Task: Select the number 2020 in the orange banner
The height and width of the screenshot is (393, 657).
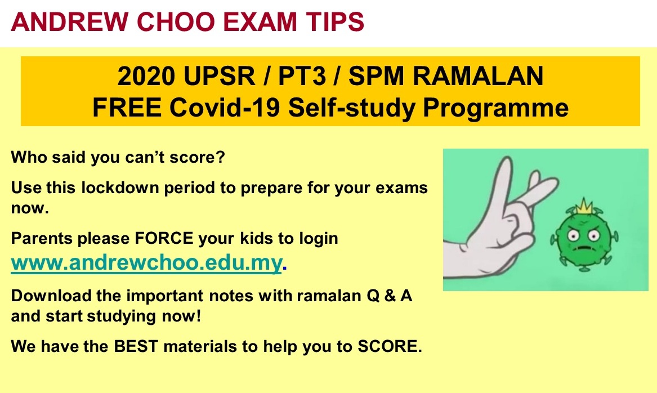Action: (146, 76)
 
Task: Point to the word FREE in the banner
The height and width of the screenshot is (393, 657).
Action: (127, 107)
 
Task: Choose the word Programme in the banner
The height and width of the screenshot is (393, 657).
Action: (495, 108)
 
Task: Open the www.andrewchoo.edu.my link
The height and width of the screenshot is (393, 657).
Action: (146, 263)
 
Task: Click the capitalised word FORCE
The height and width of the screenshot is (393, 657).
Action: (164, 238)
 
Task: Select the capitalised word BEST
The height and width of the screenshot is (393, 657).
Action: (136, 346)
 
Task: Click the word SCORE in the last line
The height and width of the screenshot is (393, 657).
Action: (389, 346)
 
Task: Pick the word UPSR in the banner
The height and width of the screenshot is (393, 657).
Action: (219, 76)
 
